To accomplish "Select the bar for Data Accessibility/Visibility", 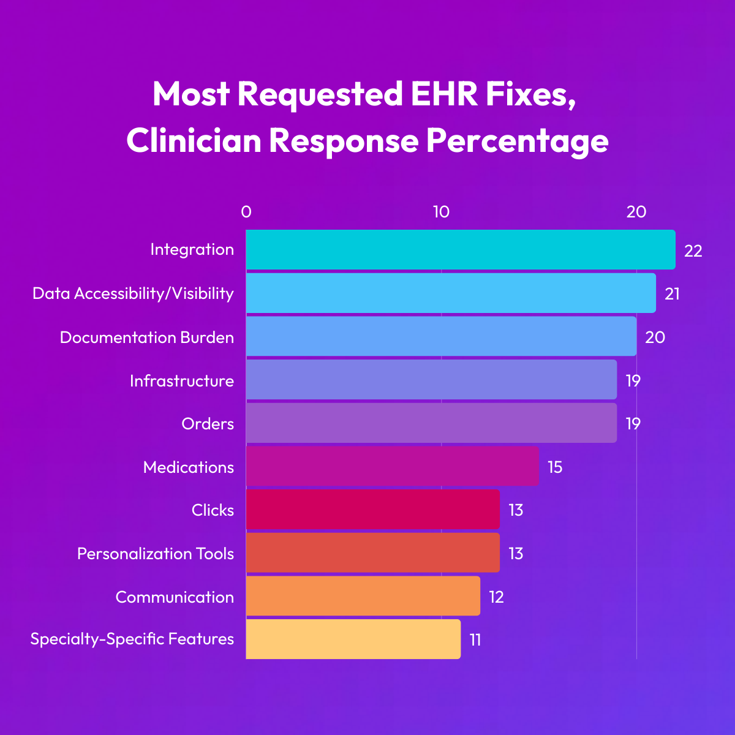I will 451,293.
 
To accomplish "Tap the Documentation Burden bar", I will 441,336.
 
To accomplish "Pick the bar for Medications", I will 392,466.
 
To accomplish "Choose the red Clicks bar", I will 372,509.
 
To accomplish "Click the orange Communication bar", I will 363,596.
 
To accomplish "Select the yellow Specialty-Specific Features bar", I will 353,639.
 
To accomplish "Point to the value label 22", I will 693,251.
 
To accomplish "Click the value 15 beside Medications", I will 554,467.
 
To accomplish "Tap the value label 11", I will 475,640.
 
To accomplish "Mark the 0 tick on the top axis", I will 246,212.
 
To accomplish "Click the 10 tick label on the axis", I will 441,212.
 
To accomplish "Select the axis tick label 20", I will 636,212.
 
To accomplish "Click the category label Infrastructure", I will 181,381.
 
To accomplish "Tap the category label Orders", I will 208,424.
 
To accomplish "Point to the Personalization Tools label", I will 156,554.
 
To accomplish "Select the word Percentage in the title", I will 517,141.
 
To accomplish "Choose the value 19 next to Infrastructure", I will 633,381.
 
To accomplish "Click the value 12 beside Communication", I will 496,597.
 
